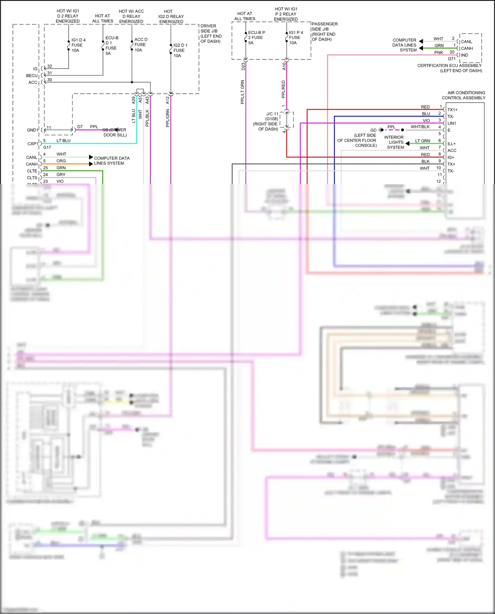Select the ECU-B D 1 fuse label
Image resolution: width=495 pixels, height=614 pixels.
coord(112,46)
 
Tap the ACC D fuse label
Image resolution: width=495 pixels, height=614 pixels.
coord(141,45)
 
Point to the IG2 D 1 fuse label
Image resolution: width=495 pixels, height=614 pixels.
coord(180,50)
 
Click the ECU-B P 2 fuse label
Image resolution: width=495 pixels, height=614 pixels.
coord(256,38)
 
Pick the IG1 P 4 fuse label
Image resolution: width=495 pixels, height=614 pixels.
coord(295,38)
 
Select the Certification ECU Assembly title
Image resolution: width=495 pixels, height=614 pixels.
coord(449,68)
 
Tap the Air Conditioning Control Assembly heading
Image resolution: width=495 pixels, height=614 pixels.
coord(463,95)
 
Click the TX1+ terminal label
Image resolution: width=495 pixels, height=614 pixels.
coord(452,110)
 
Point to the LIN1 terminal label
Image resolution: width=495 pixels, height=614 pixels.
coord(451,123)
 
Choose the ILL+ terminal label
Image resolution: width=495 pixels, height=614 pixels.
coord(451,144)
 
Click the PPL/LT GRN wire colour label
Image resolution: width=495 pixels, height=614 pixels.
coord(243,92)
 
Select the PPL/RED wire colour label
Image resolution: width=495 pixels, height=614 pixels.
coord(283,89)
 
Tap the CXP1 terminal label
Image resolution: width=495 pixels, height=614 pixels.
coord(33,144)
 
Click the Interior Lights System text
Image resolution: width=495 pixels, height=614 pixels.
coord(394,142)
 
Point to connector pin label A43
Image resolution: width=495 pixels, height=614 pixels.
coord(147,100)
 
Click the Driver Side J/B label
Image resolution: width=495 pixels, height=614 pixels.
coord(211,34)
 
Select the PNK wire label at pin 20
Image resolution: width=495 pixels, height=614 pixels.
coord(438,52)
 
